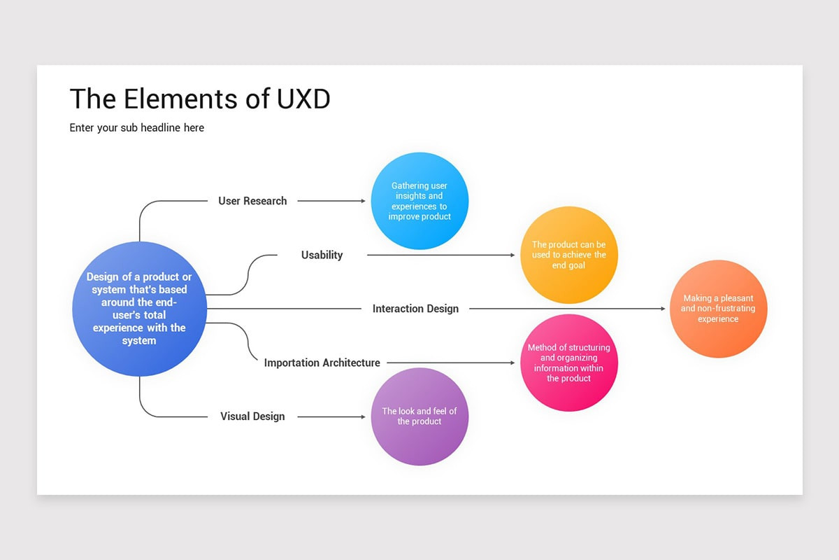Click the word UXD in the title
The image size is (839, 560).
[303, 99]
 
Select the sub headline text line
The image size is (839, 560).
[137, 127]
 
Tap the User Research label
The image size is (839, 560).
[252, 201]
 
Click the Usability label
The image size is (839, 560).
[322, 255]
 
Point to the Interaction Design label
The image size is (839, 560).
[415, 309]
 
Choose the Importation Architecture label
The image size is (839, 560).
[322, 363]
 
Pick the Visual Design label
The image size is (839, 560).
[252, 416]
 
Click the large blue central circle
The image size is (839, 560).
[139, 309]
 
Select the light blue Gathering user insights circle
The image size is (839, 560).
[419, 201]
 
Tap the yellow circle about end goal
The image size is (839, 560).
[569, 255]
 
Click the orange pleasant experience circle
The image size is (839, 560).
[718, 309]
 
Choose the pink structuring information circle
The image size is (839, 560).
[569, 363]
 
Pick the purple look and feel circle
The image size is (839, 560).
[419, 416]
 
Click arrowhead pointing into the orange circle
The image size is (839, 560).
[663, 309]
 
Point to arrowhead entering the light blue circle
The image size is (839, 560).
[363, 201]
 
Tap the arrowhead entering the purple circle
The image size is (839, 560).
[363, 416]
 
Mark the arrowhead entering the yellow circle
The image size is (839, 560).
[512, 255]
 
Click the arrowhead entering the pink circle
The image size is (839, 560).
[512, 363]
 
